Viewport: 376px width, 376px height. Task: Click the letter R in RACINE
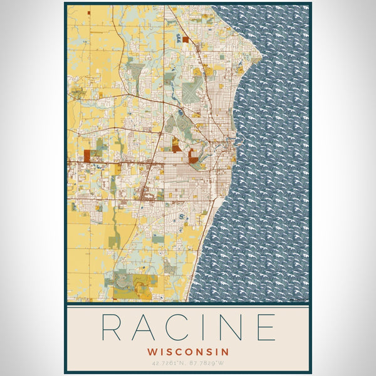(x=114, y=327)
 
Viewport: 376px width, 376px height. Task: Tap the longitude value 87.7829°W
(x=210, y=363)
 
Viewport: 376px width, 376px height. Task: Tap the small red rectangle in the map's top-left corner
(x=89, y=12)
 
